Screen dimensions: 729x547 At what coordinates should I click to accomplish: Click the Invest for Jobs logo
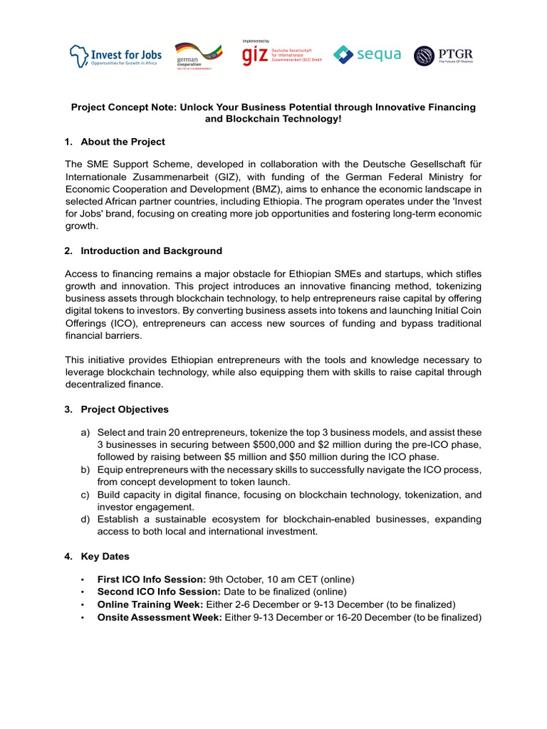point(115,56)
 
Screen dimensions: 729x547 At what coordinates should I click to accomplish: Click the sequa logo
point(368,55)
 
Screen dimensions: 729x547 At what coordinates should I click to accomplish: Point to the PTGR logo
point(443,55)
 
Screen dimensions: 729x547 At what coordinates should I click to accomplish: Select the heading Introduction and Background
point(151,251)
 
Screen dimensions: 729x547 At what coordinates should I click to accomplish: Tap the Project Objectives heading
point(125,409)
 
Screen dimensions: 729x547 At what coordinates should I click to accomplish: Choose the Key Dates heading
point(105,555)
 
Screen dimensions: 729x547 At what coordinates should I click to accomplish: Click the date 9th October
point(235,579)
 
